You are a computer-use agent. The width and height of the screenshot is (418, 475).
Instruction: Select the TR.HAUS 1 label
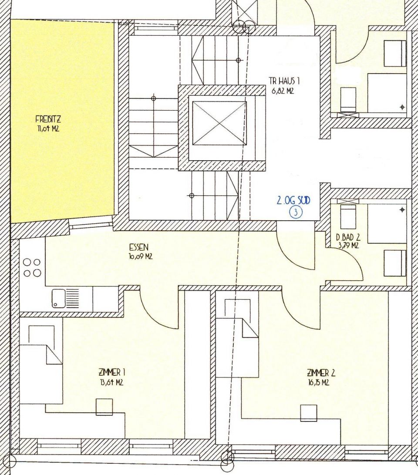click(284, 81)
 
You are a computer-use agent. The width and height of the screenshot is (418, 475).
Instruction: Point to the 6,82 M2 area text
click(284, 91)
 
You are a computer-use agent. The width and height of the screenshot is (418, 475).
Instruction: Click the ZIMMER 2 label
click(321, 373)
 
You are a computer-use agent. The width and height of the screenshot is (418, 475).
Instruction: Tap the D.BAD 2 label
click(347, 238)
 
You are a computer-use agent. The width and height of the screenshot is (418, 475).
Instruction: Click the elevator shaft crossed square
click(219, 123)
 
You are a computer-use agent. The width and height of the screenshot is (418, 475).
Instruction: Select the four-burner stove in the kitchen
click(32, 267)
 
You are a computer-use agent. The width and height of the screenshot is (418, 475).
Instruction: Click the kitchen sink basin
click(59, 298)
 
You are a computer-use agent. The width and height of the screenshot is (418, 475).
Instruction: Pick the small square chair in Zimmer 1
click(104, 407)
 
